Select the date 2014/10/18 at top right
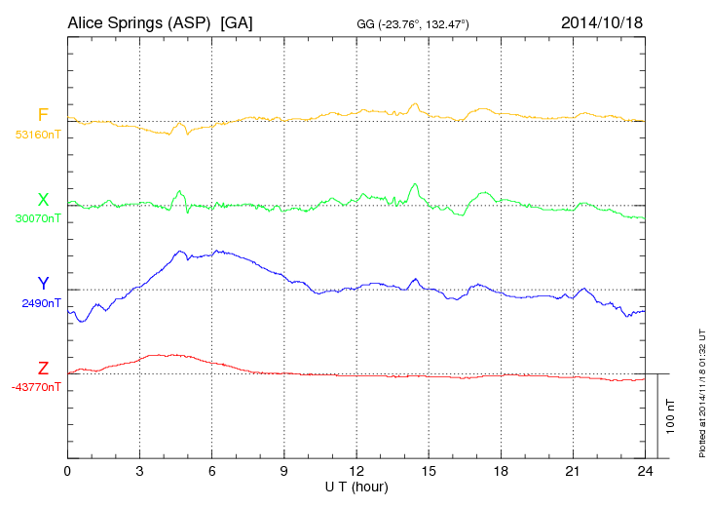(x=602, y=21)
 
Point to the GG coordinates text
(x=413, y=22)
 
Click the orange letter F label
(x=43, y=115)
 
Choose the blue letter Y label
(x=43, y=284)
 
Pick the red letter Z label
(x=43, y=369)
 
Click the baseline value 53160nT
(x=37, y=135)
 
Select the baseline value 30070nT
(x=37, y=219)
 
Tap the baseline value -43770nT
(x=37, y=387)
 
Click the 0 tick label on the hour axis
(x=67, y=471)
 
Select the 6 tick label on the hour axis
(x=212, y=471)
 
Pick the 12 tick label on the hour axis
(x=356, y=471)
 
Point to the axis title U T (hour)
(x=356, y=486)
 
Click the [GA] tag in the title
(x=237, y=21)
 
